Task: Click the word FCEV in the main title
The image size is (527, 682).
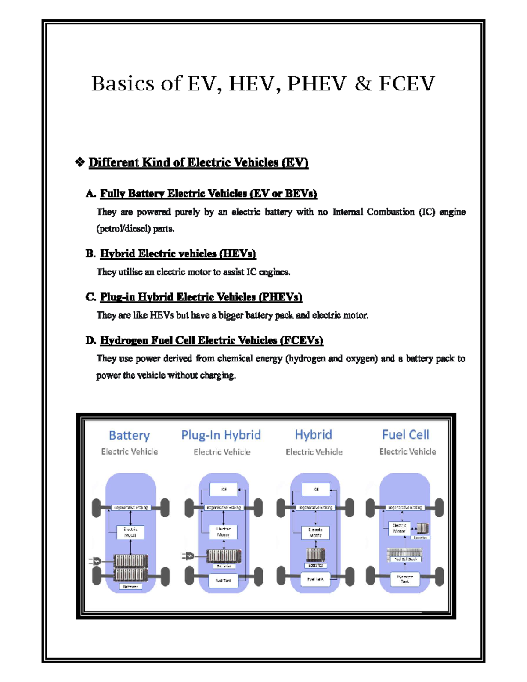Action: (x=407, y=83)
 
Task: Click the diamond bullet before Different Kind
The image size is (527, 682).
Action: (x=80, y=162)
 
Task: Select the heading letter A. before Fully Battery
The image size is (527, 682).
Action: (x=90, y=194)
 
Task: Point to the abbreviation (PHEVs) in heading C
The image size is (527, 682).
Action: (x=281, y=297)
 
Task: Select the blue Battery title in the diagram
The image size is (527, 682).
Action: (x=129, y=435)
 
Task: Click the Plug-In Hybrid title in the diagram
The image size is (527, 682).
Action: (x=221, y=435)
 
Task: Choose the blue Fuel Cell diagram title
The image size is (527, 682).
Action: (x=405, y=435)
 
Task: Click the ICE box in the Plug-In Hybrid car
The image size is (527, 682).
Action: (x=224, y=489)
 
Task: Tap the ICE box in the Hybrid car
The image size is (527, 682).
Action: (x=316, y=489)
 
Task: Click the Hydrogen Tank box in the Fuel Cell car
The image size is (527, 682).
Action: (x=404, y=579)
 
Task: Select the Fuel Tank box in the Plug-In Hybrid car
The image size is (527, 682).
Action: (x=223, y=580)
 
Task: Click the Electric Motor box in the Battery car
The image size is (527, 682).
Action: (x=130, y=532)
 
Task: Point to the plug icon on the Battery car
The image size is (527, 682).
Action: (x=95, y=561)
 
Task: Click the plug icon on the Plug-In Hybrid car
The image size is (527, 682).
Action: (x=188, y=556)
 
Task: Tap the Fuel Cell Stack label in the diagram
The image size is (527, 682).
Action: (x=405, y=559)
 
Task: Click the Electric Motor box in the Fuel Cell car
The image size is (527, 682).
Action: (x=399, y=528)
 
